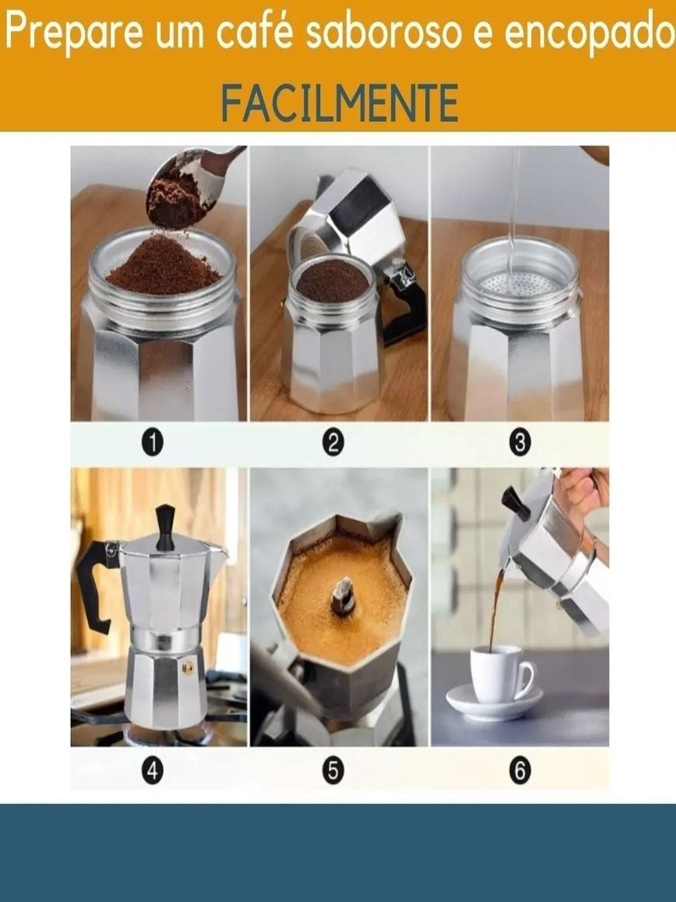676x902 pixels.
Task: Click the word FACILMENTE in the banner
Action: point(339,102)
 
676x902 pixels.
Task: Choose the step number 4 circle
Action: point(153,769)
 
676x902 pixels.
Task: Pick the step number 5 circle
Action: point(333,769)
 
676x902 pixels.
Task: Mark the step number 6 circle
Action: point(519,769)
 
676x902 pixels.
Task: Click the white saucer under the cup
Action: point(495,701)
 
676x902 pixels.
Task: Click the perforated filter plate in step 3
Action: point(520,284)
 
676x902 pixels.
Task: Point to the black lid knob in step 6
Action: point(516,501)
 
